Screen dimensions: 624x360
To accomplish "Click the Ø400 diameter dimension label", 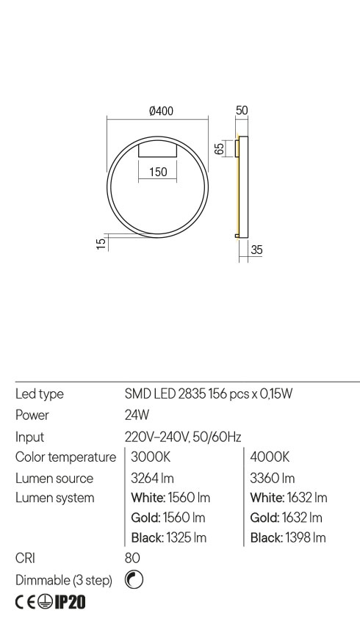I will (161, 112).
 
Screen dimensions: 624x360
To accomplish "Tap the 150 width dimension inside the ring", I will (157, 173).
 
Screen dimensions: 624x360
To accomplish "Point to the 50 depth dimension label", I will (242, 111).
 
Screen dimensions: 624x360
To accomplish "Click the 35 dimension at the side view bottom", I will (256, 250).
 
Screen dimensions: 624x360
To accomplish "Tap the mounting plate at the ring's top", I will (157, 150).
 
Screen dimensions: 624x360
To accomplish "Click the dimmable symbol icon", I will (134, 581).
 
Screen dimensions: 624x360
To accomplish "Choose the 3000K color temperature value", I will (151, 457).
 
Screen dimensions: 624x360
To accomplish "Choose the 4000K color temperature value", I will (270, 457).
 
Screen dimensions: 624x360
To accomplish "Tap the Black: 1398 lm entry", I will (288, 538).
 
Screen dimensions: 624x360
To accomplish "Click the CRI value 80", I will (133, 559).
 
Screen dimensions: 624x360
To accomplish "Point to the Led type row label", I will (40, 394).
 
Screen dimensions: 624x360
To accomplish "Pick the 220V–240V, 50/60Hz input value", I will (184, 437).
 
